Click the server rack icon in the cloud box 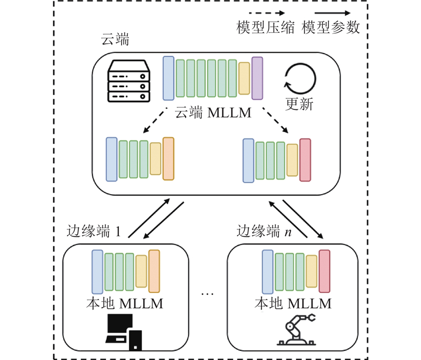point(128,81)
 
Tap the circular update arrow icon point(300,79)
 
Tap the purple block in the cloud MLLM point(257,78)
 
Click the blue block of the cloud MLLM point(168,78)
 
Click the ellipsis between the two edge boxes point(208,293)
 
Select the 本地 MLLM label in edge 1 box point(124,304)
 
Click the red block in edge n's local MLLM point(324,272)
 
